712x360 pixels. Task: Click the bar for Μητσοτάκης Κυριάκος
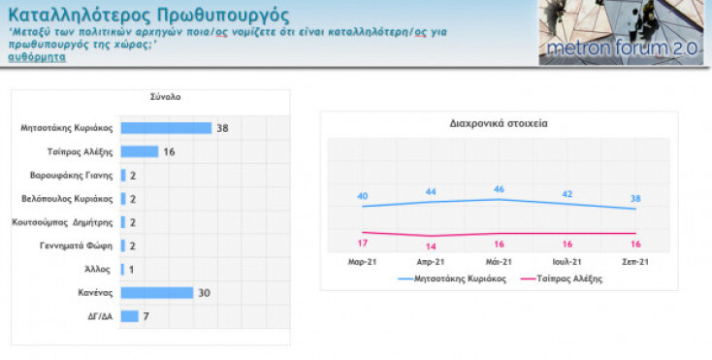coord(166,128)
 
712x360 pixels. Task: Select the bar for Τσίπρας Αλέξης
coord(139,151)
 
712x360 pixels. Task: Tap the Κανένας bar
coord(156,292)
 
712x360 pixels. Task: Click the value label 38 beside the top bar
coord(222,128)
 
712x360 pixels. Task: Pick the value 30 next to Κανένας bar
coord(204,292)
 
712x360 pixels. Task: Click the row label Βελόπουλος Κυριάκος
coord(68,199)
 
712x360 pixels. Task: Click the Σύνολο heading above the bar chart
coord(166,97)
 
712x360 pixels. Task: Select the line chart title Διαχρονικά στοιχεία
coord(499,124)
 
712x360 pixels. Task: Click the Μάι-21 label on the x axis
coord(499,262)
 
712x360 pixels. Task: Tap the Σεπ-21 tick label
coord(635,262)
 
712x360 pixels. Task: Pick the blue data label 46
coord(499,187)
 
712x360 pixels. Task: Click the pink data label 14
coord(430,246)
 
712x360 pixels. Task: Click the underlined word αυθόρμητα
coord(37,57)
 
